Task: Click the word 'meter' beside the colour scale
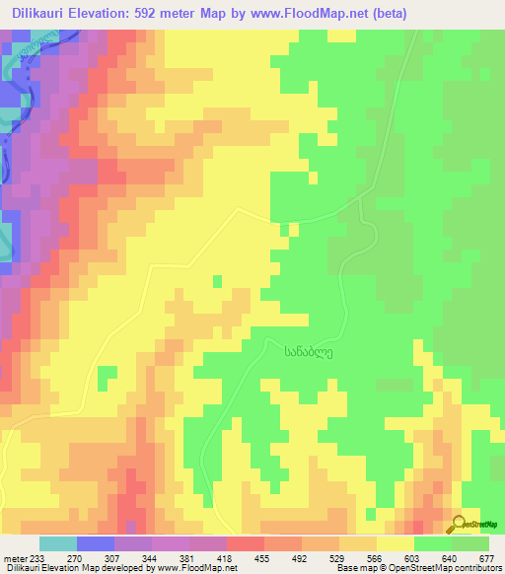[x=13, y=558]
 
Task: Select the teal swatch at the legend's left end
[x=58, y=543]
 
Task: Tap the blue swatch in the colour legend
[x=96, y=543]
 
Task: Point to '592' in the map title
[x=181, y=13]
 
